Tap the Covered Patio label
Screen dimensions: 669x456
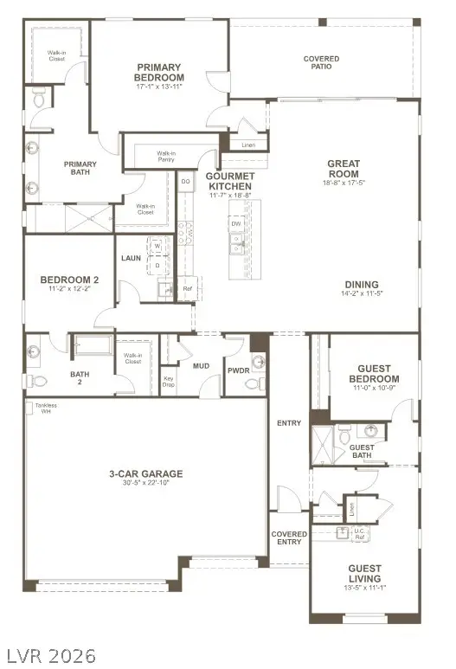[x=321, y=63]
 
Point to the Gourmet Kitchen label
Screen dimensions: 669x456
[x=228, y=181]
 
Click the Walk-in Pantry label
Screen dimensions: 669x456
[x=167, y=157]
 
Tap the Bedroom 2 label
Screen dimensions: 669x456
[x=66, y=280]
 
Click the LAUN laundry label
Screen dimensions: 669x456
[x=132, y=258]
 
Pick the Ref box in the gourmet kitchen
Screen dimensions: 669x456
[x=187, y=289]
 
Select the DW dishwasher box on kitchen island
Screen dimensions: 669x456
[x=236, y=223]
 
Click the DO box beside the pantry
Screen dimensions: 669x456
[x=185, y=181]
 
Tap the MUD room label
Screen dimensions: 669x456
[x=201, y=366]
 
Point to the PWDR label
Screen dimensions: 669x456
[x=238, y=370]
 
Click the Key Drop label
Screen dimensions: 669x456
[x=169, y=382]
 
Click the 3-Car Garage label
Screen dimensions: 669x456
[x=145, y=473]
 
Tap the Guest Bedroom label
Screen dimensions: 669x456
[x=374, y=374]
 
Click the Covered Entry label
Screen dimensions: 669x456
[x=288, y=538]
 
